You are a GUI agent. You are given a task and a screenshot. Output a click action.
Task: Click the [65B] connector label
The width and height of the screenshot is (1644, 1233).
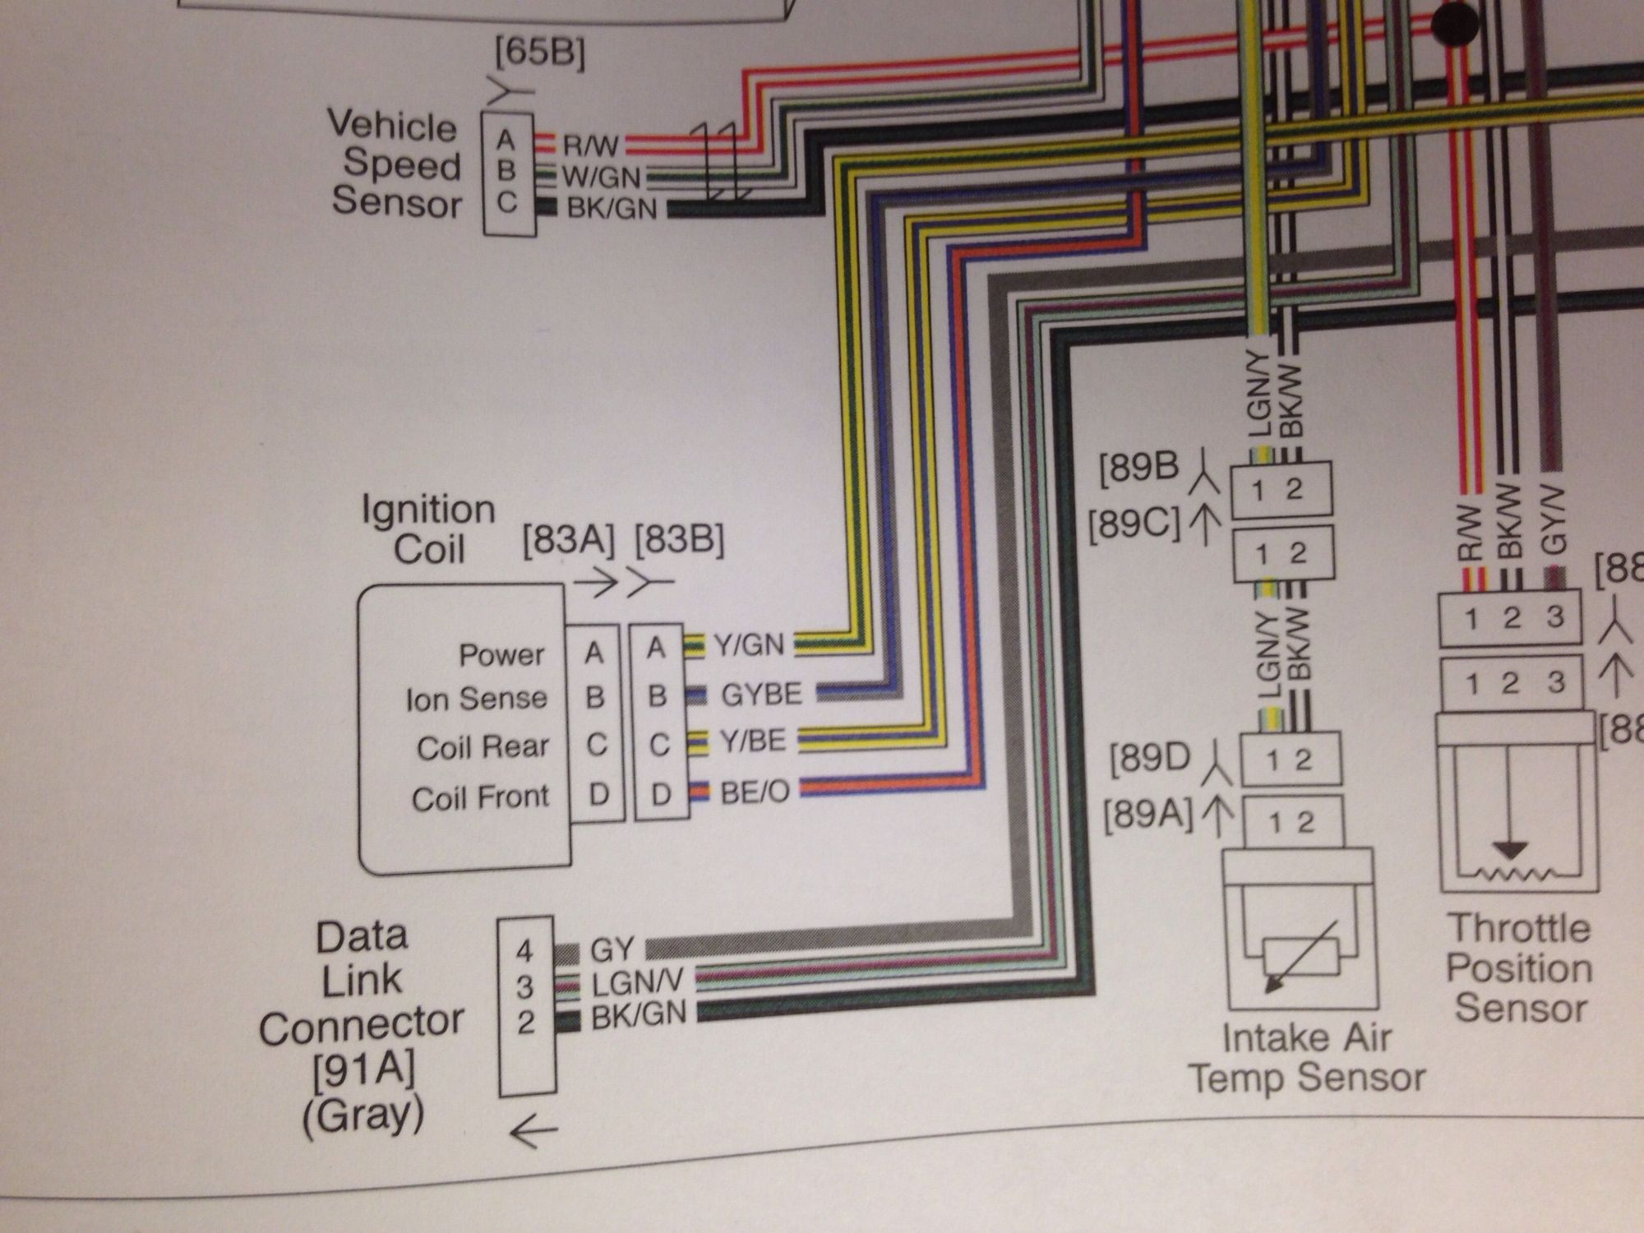click(x=539, y=55)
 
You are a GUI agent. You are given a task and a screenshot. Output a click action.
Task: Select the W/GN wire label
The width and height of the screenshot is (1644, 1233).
click(x=603, y=177)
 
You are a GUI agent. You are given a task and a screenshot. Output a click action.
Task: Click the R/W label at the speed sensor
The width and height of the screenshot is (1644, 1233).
click(x=589, y=146)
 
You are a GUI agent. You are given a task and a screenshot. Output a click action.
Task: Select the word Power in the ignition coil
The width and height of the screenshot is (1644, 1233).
click(x=501, y=655)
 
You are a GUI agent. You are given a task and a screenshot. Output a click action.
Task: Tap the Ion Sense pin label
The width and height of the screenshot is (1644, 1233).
click(x=476, y=700)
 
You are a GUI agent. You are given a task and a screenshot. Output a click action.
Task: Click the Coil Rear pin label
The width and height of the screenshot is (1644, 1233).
click(x=483, y=747)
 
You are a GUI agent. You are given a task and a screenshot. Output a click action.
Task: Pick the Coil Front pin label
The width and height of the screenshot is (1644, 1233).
click(x=480, y=798)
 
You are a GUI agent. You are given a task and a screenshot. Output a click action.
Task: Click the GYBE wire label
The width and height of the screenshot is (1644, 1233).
click(x=760, y=695)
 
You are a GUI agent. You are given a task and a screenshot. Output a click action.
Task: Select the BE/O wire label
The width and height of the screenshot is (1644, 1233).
click(x=755, y=792)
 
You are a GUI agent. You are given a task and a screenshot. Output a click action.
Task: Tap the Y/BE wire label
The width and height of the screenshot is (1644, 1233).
click(x=753, y=741)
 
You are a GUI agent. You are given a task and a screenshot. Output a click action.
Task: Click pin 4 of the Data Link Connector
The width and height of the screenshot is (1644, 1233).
click(x=524, y=952)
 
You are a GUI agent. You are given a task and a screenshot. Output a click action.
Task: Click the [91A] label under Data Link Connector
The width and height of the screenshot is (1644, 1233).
click(x=363, y=1070)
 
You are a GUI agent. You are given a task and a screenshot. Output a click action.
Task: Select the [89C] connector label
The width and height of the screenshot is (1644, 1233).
click(x=1134, y=524)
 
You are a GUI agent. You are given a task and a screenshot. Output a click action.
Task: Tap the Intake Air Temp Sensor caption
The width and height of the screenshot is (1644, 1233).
click(x=1307, y=1057)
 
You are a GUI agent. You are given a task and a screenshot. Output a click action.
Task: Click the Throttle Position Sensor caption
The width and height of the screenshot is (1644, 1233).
click(x=1519, y=968)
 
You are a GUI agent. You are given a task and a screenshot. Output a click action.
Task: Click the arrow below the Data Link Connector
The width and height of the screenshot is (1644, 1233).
click(x=533, y=1132)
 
